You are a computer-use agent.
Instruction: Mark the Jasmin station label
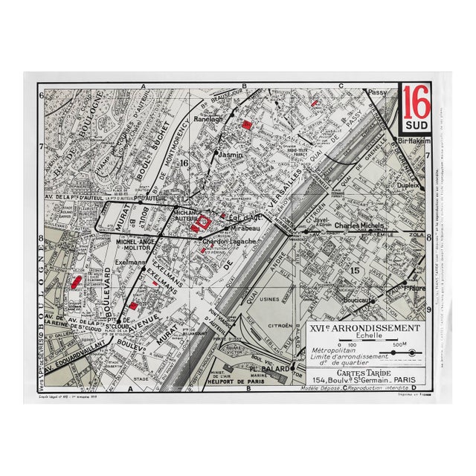[x=231, y=155]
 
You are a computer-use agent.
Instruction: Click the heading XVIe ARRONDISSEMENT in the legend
[x=365, y=328]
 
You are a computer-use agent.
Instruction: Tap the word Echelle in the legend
[x=364, y=336]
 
